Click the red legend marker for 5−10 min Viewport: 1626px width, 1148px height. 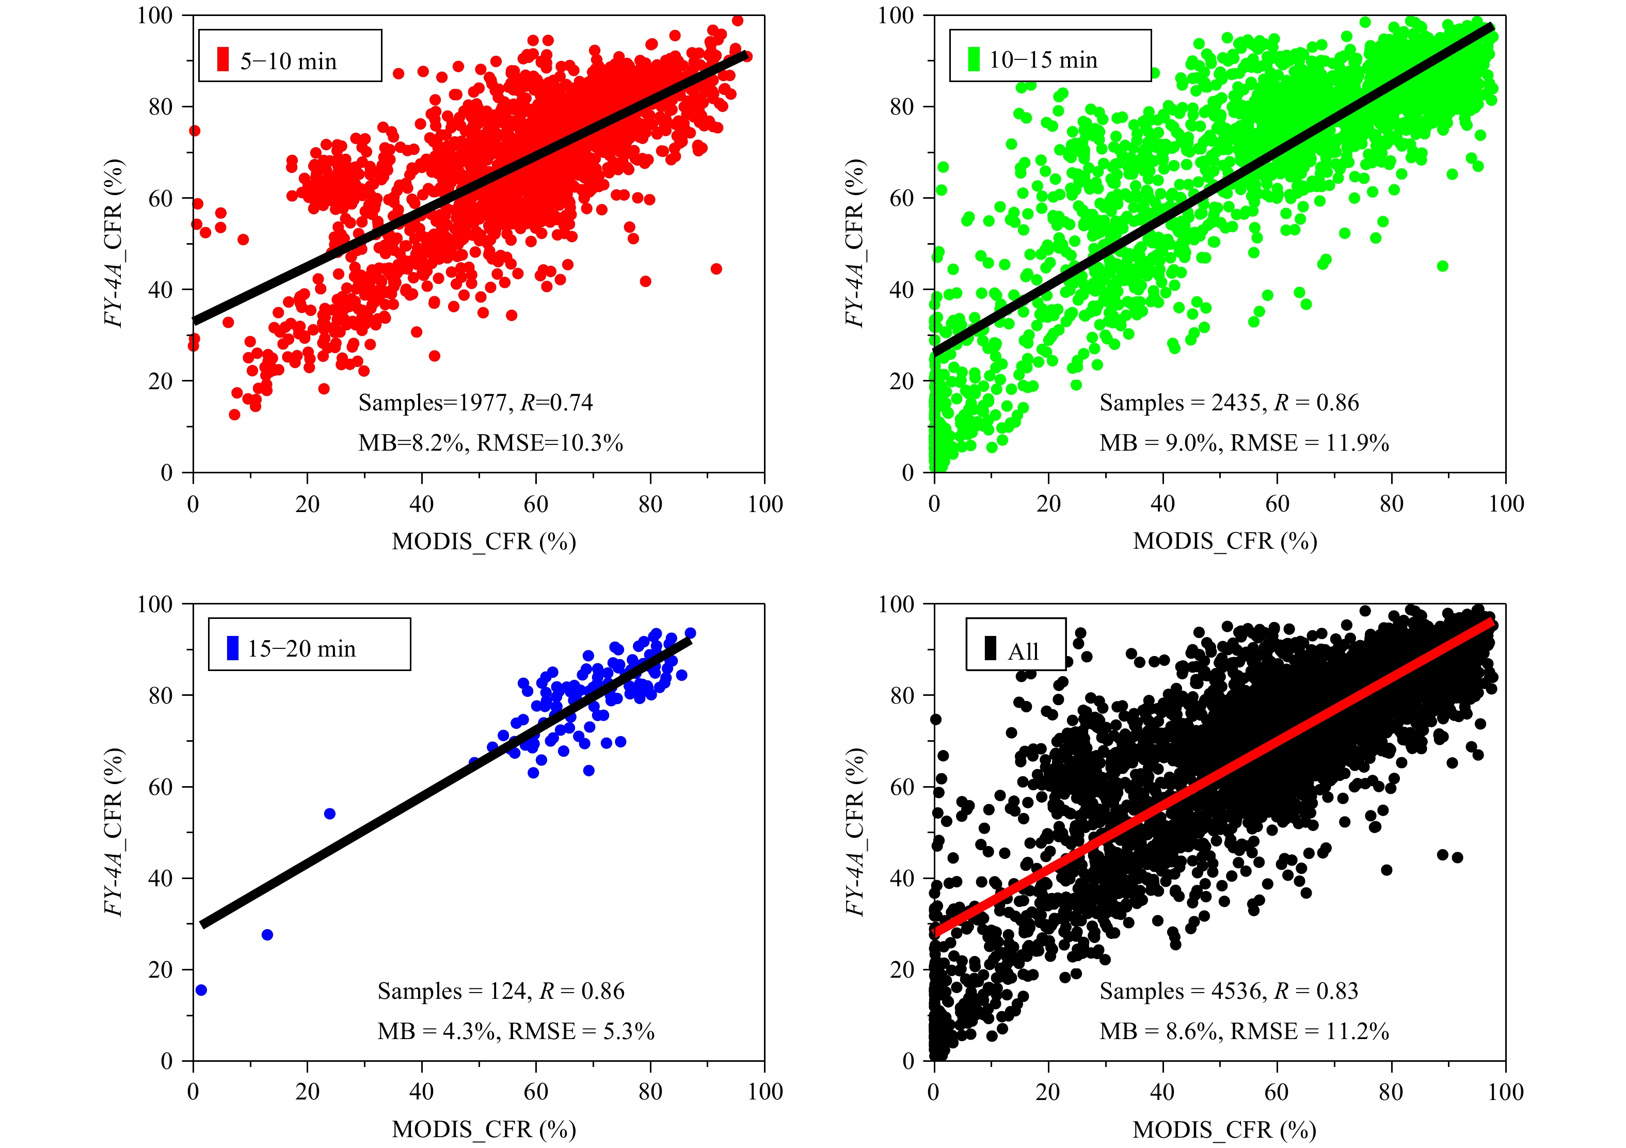pyautogui.click(x=223, y=59)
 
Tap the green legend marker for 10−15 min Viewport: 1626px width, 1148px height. pyautogui.click(x=974, y=59)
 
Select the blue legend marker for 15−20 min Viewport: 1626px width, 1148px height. pyautogui.click(x=232, y=648)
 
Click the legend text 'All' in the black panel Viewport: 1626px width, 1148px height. pyautogui.click(x=1023, y=651)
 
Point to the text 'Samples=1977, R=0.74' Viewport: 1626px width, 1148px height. pyautogui.click(x=475, y=402)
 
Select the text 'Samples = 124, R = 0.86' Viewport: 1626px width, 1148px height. pyautogui.click(x=501, y=991)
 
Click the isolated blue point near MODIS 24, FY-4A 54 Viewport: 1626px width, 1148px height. pyautogui.click(x=329, y=814)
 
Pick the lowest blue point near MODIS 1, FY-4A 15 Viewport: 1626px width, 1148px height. pyautogui.click(x=201, y=990)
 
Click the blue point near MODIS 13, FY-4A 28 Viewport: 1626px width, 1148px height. pyautogui.click(x=267, y=935)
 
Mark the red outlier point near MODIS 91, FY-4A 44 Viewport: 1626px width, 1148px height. pyautogui.click(x=716, y=269)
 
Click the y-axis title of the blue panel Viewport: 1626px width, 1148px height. pyautogui.click(x=114, y=832)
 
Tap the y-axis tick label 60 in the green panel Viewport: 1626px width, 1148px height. pyautogui.click(x=901, y=198)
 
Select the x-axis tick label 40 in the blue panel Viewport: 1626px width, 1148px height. pyautogui.click(x=421, y=1091)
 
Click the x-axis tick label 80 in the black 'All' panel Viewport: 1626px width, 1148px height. pyautogui.click(x=1391, y=1091)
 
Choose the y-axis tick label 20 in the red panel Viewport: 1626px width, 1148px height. pyautogui.click(x=161, y=381)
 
